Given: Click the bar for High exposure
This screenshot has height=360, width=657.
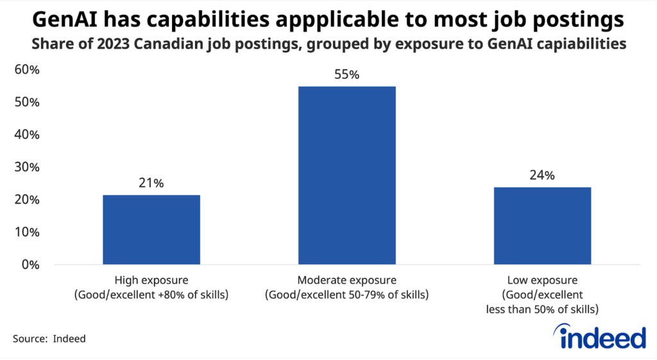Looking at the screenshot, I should pos(151,229).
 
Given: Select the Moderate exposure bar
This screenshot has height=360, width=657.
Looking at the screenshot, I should pos(346,175).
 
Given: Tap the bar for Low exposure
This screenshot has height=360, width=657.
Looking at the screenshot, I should pos(542,225).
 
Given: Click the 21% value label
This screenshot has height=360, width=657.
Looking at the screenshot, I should pos(151,183).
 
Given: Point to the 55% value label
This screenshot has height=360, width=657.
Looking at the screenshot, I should pos(346,74).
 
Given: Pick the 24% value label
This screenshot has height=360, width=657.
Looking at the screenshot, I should pos(542,175).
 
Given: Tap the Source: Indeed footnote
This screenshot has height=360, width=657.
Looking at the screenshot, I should pos(49,339).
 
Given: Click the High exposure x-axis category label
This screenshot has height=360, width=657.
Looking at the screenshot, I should pos(151,287).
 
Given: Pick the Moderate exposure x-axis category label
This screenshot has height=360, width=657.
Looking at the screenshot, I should pos(346,287).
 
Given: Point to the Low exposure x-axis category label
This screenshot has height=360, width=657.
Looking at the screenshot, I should pos(542,295).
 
